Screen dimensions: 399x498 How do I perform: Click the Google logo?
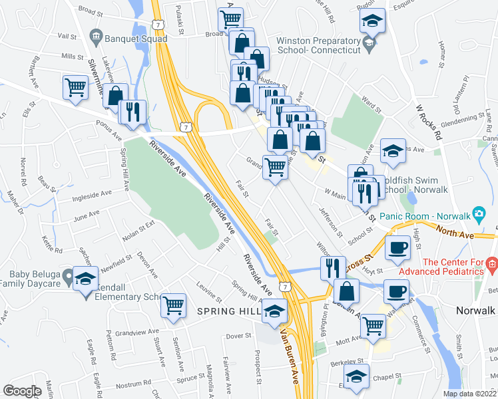(x=23, y=391)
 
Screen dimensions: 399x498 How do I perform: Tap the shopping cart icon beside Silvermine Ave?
(x=76, y=86)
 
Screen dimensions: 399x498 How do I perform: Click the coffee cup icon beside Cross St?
(x=398, y=247)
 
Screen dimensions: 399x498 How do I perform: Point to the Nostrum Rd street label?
(x=134, y=384)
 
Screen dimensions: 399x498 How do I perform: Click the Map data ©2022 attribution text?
(x=469, y=393)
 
